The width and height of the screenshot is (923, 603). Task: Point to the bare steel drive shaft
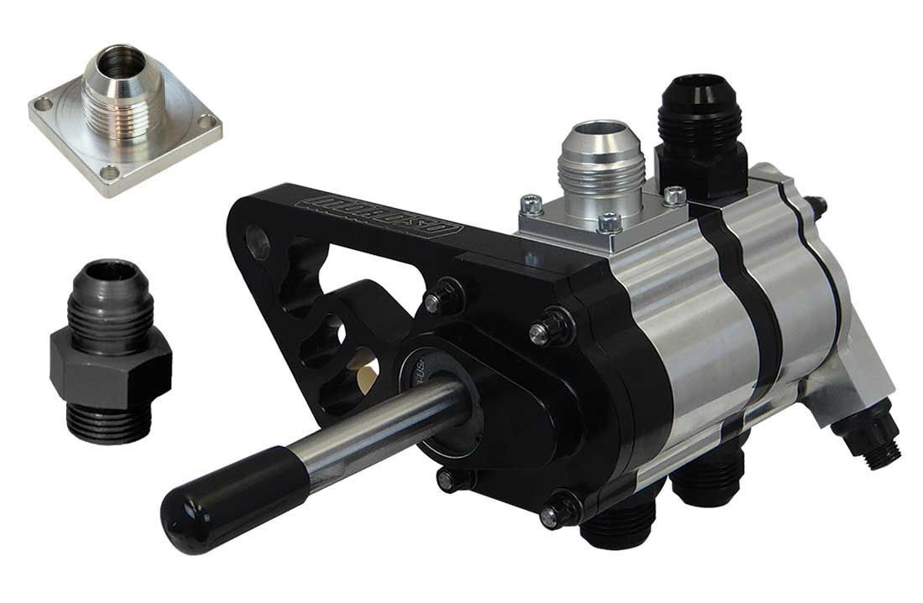352,424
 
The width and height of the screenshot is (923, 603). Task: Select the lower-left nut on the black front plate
446,479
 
